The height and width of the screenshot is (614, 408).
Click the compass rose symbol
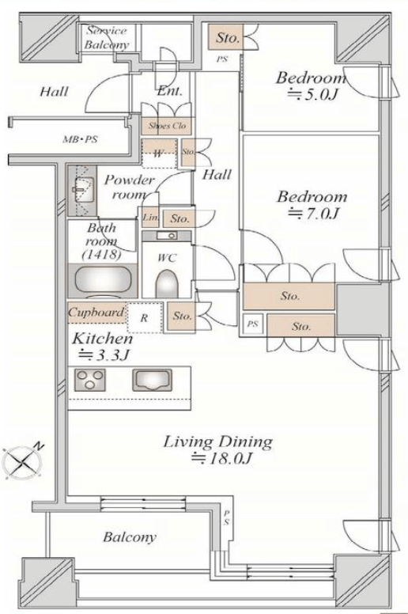click(23, 462)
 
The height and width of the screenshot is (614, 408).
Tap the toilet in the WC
click(167, 283)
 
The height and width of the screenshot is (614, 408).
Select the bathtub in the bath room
click(103, 279)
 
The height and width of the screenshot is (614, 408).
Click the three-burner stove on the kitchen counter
click(90, 380)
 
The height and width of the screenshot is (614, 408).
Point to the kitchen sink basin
click(152, 380)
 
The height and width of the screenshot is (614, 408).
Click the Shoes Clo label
click(167, 126)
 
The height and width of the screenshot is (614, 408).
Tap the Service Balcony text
click(107, 38)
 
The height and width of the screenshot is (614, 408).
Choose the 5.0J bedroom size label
click(312, 94)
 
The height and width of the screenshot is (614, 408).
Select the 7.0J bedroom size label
click(313, 214)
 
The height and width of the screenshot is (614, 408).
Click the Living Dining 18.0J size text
click(221, 457)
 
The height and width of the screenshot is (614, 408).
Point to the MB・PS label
click(81, 139)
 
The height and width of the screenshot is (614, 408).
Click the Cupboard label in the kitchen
click(96, 313)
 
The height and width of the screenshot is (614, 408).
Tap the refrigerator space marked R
click(145, 317)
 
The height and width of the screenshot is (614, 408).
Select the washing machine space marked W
click(159, 153)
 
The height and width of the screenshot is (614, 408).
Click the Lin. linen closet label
click(150, 218)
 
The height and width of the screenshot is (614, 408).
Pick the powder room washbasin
click(83, 190)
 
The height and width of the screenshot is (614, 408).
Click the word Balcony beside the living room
click(130, 537)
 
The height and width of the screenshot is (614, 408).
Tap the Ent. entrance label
click(169, 92)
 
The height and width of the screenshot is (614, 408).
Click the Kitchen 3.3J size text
click(102, 347)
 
